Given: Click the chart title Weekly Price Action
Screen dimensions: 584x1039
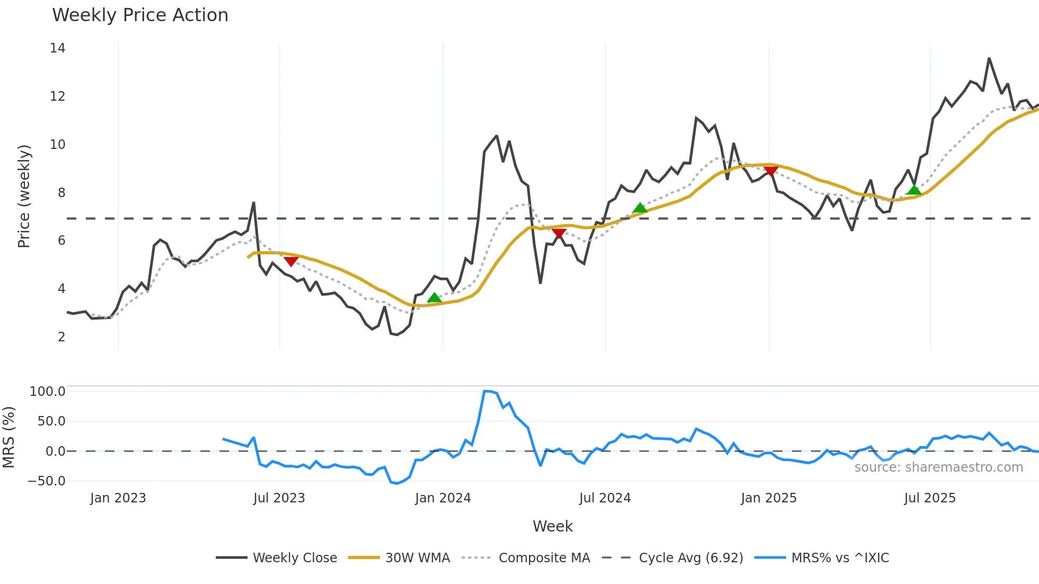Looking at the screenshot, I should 140,15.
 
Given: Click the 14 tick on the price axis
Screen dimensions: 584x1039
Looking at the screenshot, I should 57,48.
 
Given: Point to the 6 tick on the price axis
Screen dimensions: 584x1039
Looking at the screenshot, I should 61,241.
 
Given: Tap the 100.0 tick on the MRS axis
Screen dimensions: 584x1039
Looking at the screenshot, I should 48,392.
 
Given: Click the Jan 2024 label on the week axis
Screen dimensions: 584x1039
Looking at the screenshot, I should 443,498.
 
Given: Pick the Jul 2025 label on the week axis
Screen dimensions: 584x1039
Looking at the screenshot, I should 930,498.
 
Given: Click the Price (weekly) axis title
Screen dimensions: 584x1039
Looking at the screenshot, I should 24,197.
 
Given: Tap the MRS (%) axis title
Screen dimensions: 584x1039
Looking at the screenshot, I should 8,437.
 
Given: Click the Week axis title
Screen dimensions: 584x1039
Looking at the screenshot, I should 552,526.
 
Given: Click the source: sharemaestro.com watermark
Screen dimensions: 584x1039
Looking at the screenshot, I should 938,467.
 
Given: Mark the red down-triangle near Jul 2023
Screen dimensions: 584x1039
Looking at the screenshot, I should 291,261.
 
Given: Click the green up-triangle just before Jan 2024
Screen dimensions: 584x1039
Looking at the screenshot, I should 434,298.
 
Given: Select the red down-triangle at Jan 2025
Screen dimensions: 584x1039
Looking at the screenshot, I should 771,171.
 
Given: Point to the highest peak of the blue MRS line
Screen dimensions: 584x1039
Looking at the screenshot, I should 486,391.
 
